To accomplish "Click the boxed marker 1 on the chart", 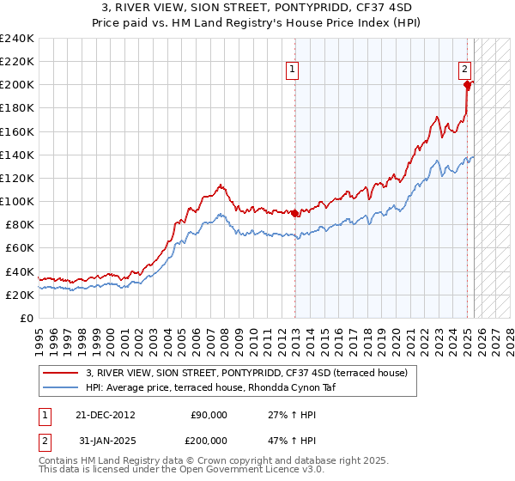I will [x=292, y=70].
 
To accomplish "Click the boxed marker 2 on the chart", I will [x=464, y=70].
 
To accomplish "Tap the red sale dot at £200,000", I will [x=467, y=84].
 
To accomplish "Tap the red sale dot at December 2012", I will [x=295, y=213].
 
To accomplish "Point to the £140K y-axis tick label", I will [x=17, y=155].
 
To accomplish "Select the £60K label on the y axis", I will [x=21, y=247].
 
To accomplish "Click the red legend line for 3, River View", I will [x=62, y=372].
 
